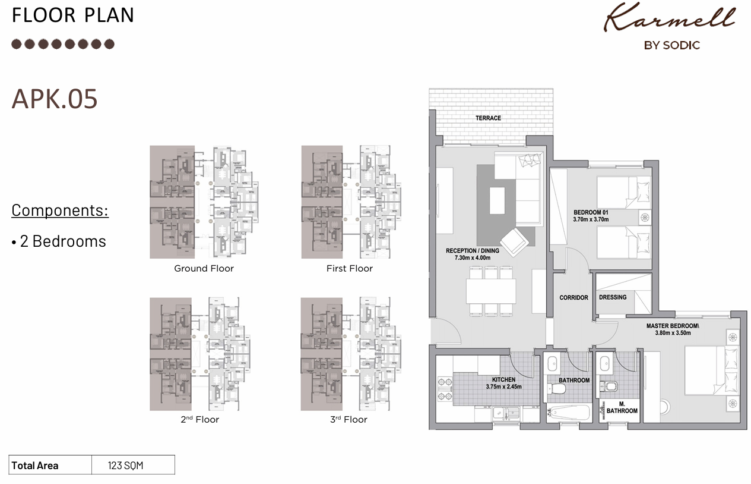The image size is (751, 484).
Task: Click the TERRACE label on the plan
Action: pyautogui.click(x=488, y=118)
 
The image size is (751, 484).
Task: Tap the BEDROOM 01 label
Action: pyautogui.click(x=591, y=212)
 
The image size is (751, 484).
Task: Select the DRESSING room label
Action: pyautogui.click(x=613, y=297)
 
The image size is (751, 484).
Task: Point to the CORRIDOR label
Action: pyautogui.click(x=573, y=297)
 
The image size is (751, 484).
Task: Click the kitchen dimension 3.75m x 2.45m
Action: pyautogui.click(x=503, y=386)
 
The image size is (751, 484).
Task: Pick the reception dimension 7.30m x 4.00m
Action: pyautogui.click(x=473, y=258)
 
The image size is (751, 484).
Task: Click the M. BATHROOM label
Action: pyautogui.click(x=622, y=407)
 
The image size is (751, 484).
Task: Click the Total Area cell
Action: pyautogui.click(x=35, y=466)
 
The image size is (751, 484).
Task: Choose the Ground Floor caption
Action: pyautogui.click(x=204, y=269)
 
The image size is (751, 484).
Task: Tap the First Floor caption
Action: pyautogui.click(x=350, y=269)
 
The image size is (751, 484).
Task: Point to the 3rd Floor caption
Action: pyautogui.click(x=348, y=420)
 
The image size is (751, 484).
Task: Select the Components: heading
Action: pyautogui.click(x=60, y=210)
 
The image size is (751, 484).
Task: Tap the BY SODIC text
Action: pyautogui.click(x=671, y=46)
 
